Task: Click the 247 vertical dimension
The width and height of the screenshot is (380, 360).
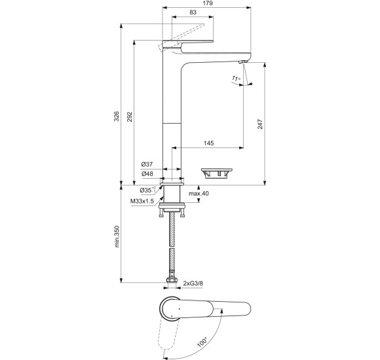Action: coord(259,124)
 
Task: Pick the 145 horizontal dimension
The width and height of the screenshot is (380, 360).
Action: coord(209,143)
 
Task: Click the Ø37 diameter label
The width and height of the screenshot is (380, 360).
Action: coord(147,164)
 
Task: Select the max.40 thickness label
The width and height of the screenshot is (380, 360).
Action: coord(199,194)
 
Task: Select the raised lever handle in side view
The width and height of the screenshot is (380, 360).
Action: coord(187,32)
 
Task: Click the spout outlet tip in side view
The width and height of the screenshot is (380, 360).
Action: coord(242,61)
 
